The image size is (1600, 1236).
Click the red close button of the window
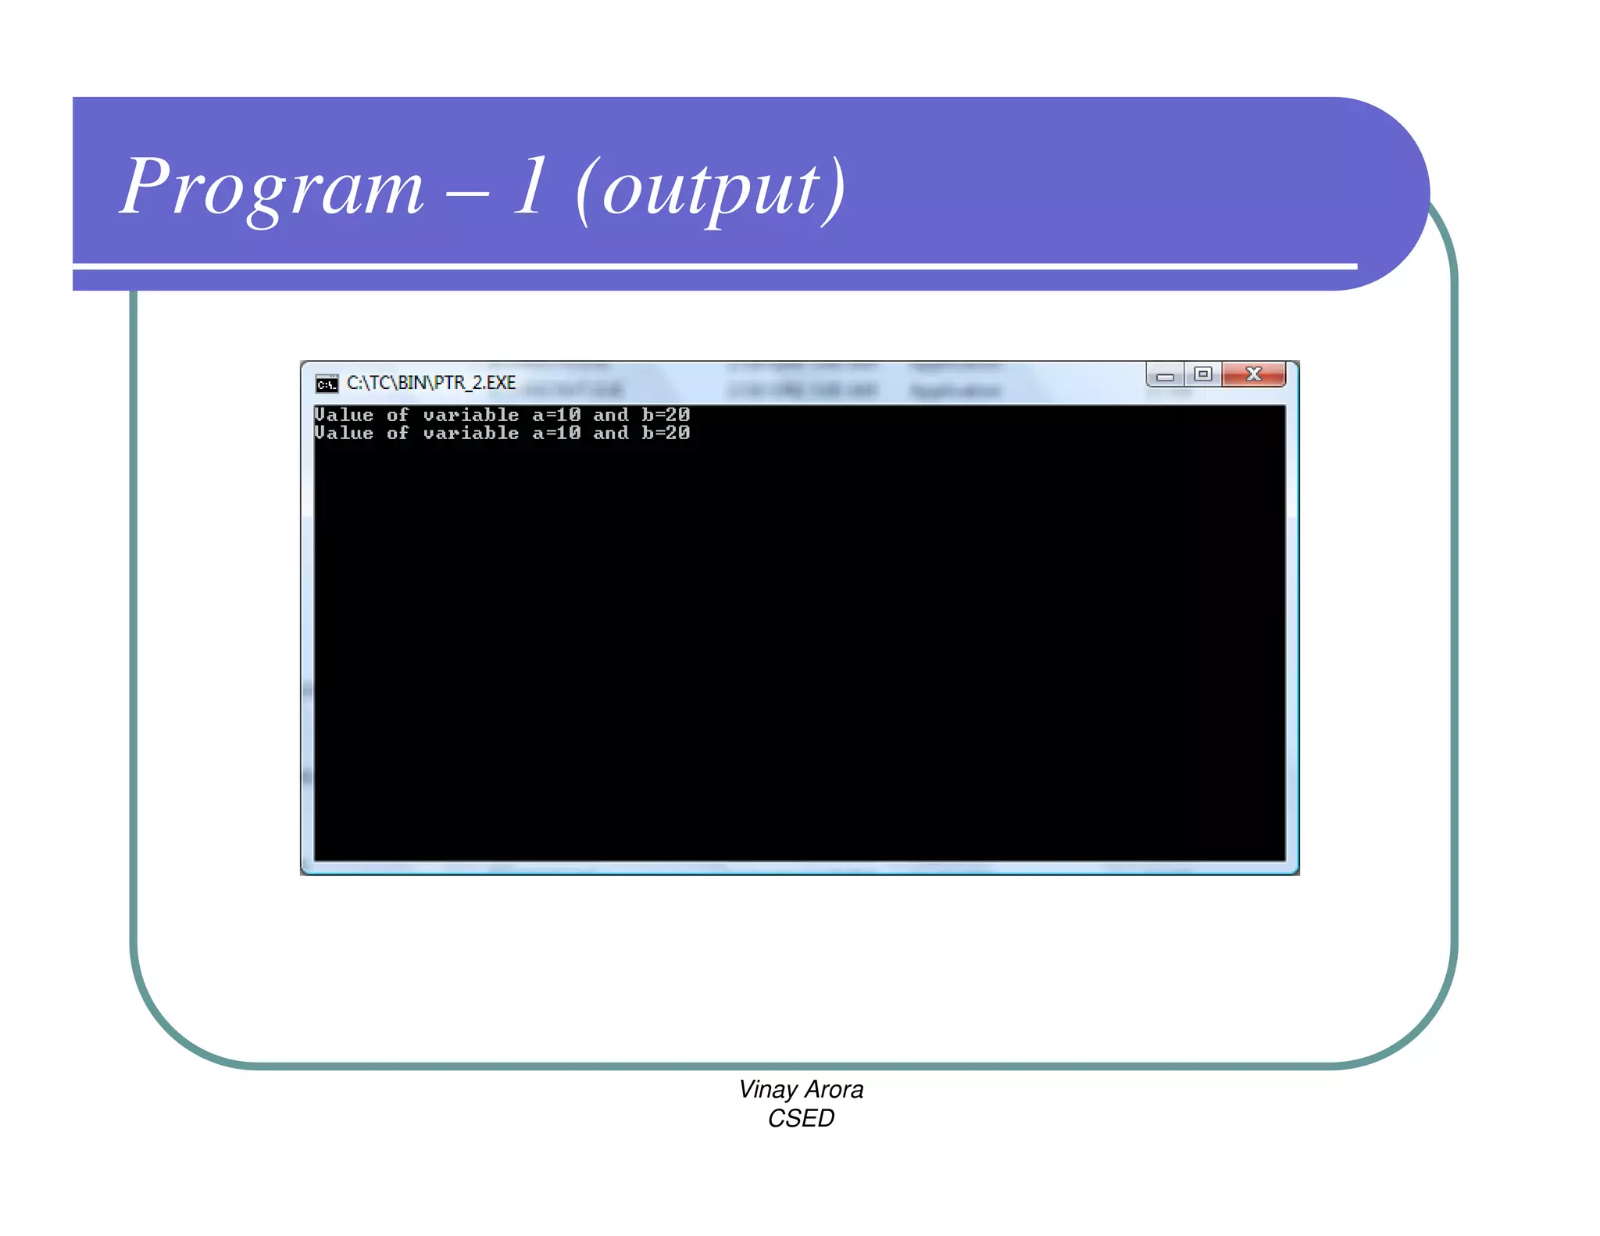pos(1253,374)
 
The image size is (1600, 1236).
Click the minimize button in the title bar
pos(1165,376)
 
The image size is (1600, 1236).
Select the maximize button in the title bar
pos(1203,374)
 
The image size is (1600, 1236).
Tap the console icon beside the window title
pos(327,383)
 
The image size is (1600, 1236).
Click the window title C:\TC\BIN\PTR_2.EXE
pos(431,383)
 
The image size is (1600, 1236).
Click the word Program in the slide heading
pos(272,188)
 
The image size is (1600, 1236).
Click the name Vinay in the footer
pos(768,1089)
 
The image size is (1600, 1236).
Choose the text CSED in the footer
pos(801,1118)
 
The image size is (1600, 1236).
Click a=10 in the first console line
pos(556,415)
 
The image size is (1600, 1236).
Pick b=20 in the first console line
pos(666,415)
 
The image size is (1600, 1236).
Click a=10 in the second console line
pos(556,433)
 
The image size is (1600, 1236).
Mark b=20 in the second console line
pos(666,433)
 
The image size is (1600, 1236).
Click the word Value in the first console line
pos(344,415)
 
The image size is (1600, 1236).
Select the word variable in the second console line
pos(471,433)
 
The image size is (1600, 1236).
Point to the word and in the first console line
pos(611,415)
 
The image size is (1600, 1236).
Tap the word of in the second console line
pos(398,433)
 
